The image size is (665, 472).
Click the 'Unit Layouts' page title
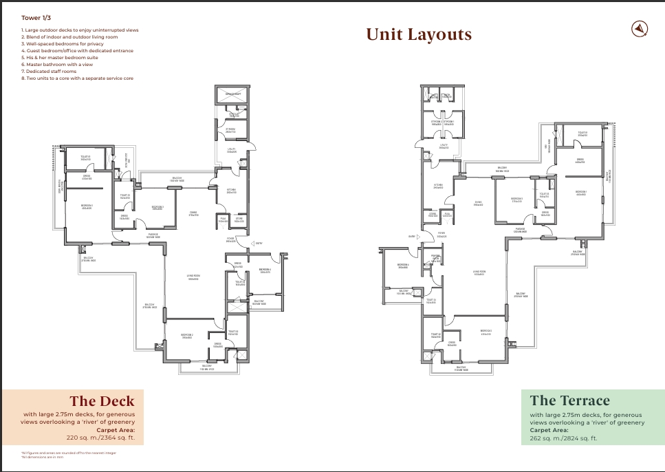click(418, 34)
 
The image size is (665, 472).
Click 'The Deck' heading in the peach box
click(102, 400)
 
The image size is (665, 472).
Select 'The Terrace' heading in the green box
click(569, 400)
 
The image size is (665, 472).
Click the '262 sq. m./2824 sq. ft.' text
click(563, 438)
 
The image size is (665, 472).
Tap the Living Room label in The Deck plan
click(193, 277)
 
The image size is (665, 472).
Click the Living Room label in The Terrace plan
click(480, 272)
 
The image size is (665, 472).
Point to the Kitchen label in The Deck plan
click(231, 191)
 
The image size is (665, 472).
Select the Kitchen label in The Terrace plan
click(438, 186)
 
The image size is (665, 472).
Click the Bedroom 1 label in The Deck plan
click(87, 207)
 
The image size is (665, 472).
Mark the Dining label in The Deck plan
click(193, 213)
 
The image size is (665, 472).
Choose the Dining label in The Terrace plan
click(477, 202)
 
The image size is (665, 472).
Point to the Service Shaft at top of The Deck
click(233, 94)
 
